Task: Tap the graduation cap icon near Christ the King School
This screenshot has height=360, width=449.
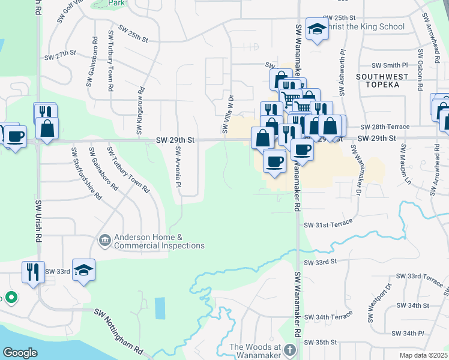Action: click(316, 29)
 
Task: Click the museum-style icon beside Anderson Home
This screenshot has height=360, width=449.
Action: click(105, 241)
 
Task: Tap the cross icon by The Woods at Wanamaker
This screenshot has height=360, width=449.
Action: click(290, 349)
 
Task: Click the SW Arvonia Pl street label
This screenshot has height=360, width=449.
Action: click(178, 169)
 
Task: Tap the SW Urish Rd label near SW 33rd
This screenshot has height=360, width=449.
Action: click(38, 223)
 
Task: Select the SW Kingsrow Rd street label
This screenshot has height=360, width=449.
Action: click(139, 116)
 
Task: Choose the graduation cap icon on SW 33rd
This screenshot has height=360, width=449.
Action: click(83, 269)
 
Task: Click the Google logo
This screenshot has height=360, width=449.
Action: click(20, 353)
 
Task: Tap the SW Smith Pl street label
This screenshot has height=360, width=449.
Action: click(390, 65)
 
